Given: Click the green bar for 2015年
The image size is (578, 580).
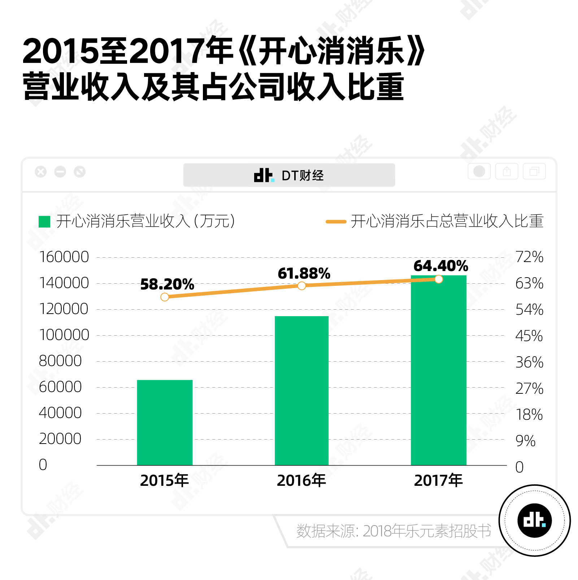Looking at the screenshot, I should pos(165,422).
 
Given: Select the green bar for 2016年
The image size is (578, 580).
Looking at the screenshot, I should pos(301,391).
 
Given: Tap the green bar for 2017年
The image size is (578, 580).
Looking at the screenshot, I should pos(438,370).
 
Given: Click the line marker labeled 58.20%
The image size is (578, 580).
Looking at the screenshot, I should pos(165,297).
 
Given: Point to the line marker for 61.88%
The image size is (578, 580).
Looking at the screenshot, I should pos(302,286).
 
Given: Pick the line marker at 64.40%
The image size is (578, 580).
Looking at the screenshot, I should pos(439,279).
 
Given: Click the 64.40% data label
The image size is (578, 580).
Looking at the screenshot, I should pos(440,266).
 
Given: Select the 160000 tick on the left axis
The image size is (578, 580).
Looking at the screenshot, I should pos(64,257).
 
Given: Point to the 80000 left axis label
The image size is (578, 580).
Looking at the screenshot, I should pos(60,361).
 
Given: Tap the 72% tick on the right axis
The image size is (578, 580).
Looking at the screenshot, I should pos(529,257).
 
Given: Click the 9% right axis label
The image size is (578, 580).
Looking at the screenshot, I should pos(525,441).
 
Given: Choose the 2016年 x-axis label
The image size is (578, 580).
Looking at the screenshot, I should pos(301,480).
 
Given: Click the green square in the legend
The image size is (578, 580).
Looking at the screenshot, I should pos(44,222).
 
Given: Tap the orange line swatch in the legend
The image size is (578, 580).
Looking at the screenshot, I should pos(336,222).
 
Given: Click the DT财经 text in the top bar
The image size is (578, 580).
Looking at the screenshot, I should pos(303,175).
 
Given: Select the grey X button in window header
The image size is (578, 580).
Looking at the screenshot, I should pos(41,172).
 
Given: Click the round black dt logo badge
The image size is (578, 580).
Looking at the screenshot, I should pos(534,520).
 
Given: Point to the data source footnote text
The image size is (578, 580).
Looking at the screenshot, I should pos(394,531).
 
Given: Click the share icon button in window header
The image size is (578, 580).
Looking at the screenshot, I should pos(507,171).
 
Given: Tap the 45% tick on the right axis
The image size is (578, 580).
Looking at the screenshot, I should pos(529,336).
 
